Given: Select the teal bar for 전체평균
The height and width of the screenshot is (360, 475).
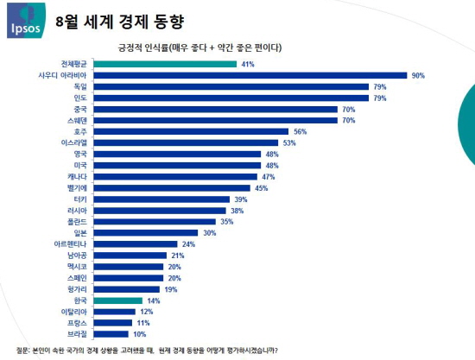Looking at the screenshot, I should tap(165, 64).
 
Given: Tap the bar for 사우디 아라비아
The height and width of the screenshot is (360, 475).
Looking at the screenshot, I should tap(250, 75).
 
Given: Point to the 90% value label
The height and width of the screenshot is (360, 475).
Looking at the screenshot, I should tap(418, 75).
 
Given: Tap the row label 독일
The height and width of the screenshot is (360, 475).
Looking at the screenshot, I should tap(80, 86).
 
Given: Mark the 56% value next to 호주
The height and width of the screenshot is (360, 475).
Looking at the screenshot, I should tap(301, 131).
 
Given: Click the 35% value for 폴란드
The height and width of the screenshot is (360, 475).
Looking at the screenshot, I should tap(227, 221).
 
